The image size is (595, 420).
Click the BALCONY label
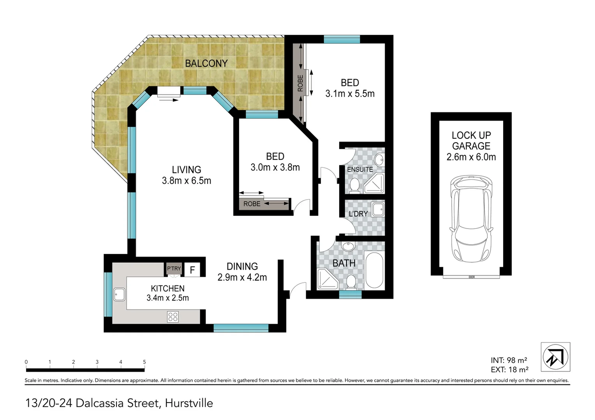click(206, 63)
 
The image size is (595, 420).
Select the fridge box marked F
click(192, 269)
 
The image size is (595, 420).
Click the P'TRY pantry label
click(174, 268)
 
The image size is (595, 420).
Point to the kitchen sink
click(119, 294)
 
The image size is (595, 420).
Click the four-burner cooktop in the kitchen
click(173, 317)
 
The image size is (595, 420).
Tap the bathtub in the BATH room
click(375, 270)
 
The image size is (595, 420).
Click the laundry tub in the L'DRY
click(377, 209)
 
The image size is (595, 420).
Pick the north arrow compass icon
click(555, 357)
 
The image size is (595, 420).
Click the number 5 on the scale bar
click(144, 362)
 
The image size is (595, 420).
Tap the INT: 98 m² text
click(509, 360)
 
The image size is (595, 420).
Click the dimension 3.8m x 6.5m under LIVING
click(187, 180)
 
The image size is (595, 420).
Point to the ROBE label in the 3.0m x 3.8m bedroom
click(252, 204)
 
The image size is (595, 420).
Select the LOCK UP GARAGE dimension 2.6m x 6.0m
click(471, 157)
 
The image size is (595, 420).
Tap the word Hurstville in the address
click(189, 403)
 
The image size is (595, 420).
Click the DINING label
click(242, 266)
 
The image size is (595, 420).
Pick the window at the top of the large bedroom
click(342, 39)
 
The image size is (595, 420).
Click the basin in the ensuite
click(378, 159)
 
